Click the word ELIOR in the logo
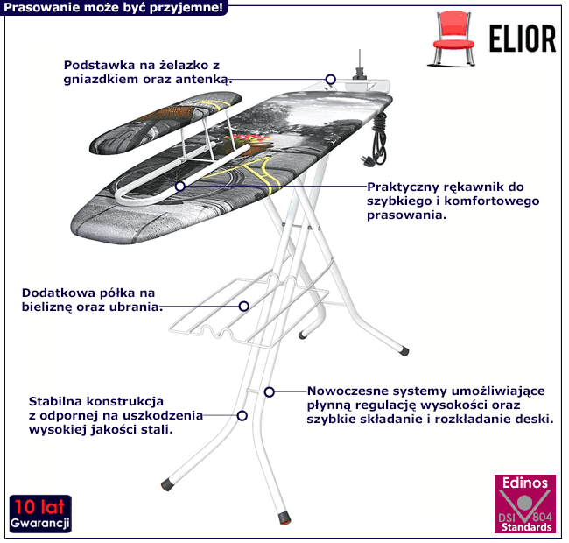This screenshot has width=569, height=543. point(517,39)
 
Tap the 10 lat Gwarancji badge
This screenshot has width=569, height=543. point(41,514)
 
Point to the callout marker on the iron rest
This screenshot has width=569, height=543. point(331,79)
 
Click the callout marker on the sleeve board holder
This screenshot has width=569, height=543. point(180,186)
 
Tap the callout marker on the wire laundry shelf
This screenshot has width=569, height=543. point(244,307)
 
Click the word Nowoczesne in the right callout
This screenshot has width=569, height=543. point(350,390)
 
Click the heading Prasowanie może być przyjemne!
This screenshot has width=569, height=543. point(114,8)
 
